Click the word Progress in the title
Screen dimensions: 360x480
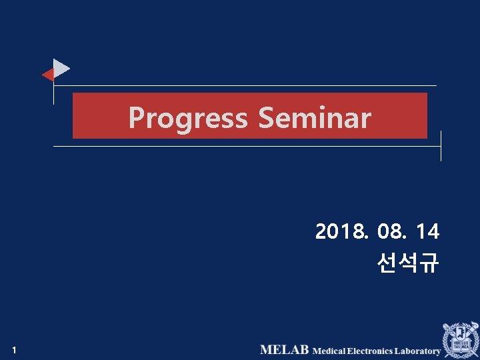187,118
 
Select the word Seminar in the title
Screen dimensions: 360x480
314,118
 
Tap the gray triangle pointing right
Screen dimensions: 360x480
61,69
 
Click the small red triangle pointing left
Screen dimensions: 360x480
48,75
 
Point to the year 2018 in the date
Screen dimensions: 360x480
341,232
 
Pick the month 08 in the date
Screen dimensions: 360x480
389,232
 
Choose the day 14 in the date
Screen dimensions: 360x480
427,232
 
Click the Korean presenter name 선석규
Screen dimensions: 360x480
407,263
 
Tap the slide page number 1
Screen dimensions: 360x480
14,350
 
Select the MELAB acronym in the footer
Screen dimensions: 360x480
284,350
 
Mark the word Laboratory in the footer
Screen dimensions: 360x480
417,351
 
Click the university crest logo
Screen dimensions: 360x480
460,339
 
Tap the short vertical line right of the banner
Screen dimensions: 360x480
441,145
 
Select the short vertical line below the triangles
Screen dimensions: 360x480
54,93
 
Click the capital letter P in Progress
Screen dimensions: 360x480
136,118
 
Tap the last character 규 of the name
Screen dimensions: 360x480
429,263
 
